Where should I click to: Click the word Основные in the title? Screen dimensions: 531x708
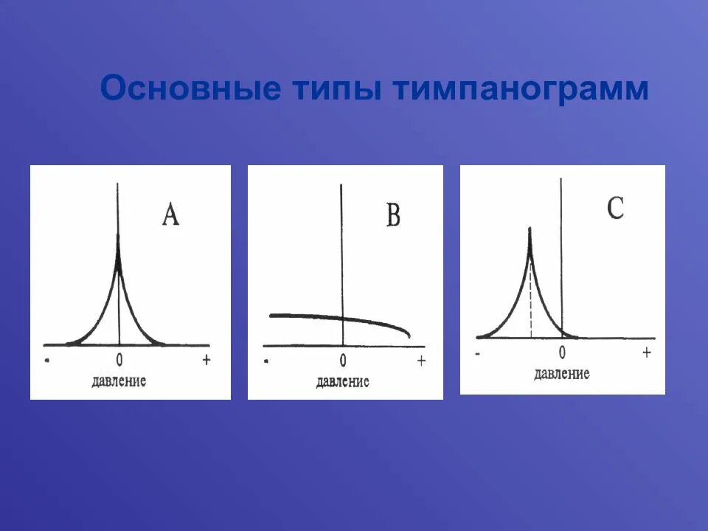coord(190,89)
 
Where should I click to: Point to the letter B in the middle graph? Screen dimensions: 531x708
coord(393,216)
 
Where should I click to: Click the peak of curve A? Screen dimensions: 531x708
coord(119,237)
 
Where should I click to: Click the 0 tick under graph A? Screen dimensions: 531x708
coord(119,361)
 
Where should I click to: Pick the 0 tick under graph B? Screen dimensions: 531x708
coord(343,361)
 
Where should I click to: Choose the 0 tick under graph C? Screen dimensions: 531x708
coord(562,353)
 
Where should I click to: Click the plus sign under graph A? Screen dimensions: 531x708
coord(206,359)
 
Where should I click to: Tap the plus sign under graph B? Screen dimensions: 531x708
coord(421,361)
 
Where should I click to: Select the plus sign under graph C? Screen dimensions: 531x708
coord(646,353)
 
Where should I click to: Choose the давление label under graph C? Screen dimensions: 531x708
coord(562,374)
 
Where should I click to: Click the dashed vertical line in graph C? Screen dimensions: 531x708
coord(530,302)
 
